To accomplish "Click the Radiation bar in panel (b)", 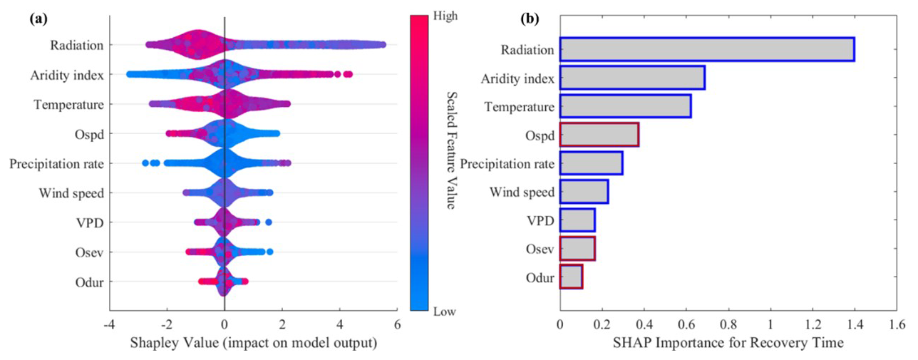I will (x=706, y=49).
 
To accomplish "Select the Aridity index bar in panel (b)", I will (x=632, y=78).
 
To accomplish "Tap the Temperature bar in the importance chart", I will (x=625, y=106).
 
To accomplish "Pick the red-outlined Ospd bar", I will (x=599, y=135).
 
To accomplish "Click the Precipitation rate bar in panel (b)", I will (x=591, y=163).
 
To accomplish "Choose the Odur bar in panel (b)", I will (x=571, y=277).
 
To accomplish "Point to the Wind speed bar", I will (x=584, y=192).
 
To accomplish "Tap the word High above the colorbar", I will (x=445, y=14).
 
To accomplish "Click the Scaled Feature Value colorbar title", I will (x=450, y=150).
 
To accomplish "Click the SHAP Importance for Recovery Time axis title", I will (x=728, y=344).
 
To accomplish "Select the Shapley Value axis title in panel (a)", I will (x=253, y=344).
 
